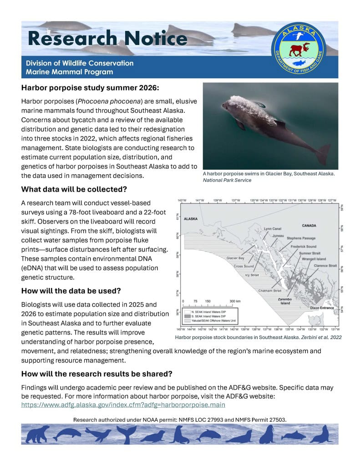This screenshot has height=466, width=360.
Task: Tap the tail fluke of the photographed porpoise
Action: click(323, 153)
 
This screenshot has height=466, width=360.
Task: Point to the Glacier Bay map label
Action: click(235, 258)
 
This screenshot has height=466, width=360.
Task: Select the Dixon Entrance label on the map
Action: click(321, 308)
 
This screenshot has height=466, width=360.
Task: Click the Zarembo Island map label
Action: click(284, 301)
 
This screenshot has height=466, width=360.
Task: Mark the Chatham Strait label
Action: click(270, 290)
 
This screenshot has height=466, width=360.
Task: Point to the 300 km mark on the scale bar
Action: click(234, 301)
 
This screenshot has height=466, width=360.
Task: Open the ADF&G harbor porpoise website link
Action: click(123, 404)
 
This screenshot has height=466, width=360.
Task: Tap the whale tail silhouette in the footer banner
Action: click(125, 435)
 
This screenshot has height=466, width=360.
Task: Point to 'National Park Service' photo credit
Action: click(227, 180)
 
